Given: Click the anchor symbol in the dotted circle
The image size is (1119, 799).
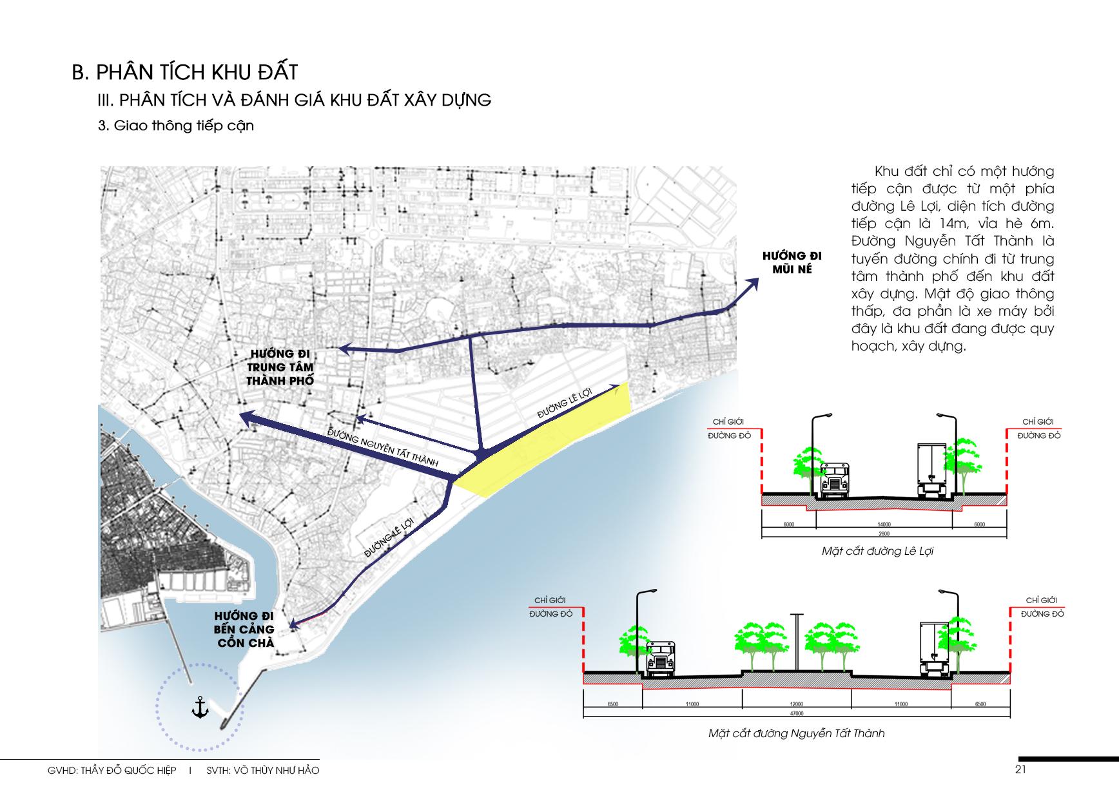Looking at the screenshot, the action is (x=200, y=708).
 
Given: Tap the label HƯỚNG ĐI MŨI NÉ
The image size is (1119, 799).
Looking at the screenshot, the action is (x=792, y=263).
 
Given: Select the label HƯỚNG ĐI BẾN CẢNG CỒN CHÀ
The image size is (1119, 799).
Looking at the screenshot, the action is (x=244, y=630).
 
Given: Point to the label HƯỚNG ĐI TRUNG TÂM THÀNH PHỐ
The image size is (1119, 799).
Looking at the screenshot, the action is (x=280, y=367).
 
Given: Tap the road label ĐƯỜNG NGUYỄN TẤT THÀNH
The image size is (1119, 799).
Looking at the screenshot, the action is (x=383, y=447).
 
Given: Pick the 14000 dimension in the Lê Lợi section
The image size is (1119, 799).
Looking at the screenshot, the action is (x=883, y=525).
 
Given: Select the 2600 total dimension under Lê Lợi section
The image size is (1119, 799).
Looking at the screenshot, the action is (x=883, y=534).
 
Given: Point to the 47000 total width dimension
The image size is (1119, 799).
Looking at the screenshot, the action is (x=796, y=714).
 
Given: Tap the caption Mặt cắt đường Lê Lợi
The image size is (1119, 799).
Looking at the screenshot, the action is (x=877, y=552).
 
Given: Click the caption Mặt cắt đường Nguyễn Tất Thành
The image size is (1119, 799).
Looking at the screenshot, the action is (x=796, y=733).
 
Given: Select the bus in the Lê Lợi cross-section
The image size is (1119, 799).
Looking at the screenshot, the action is (x=835, y=480).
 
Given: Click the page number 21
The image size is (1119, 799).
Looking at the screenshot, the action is (x=1020, y=769).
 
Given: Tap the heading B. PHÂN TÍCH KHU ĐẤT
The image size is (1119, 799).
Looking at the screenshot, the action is (x=184, y=72).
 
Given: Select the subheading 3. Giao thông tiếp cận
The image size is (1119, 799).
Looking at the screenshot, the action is (x=176, y=126).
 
